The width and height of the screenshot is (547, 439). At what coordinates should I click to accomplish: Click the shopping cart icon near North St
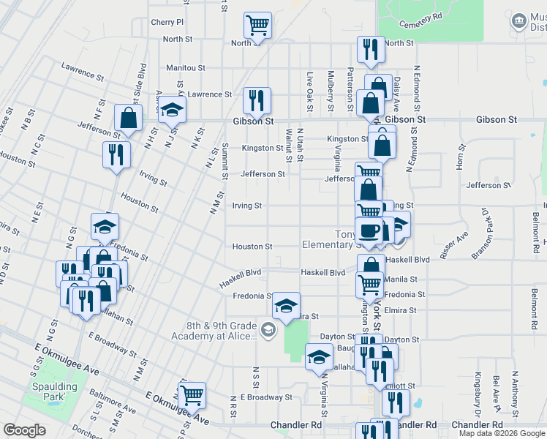tap(257, 26)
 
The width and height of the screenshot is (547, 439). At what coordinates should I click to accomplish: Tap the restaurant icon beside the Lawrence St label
tap(256, 100)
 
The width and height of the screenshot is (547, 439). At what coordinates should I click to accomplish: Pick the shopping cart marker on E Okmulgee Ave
tap(192, 396)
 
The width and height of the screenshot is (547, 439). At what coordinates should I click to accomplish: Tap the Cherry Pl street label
tap(167, 23)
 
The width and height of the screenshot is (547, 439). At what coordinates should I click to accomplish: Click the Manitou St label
tap(184, 67)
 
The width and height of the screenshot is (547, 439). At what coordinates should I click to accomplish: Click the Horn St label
tap(461, 157)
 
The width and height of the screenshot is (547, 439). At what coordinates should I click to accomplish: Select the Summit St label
tap(225, 160)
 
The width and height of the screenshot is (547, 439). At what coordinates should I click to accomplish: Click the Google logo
tap(24, 430)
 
